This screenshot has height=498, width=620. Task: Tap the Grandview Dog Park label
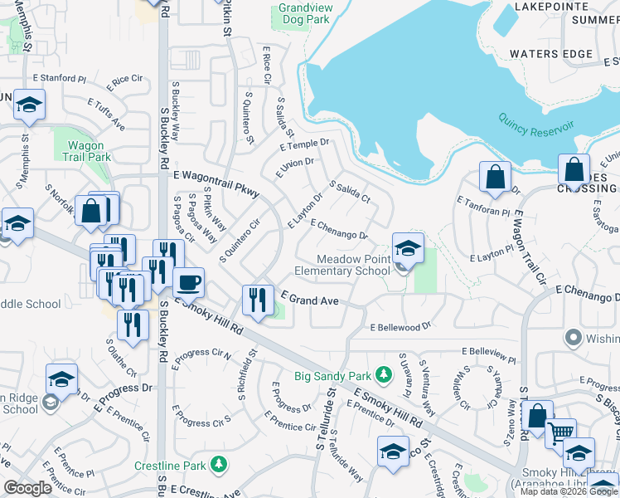tap(304, 12)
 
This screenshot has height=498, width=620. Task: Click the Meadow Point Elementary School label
tap(342, 265)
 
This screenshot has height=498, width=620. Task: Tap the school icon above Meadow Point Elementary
tap(408, 248)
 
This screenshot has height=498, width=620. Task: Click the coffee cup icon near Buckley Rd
tap(189, 282)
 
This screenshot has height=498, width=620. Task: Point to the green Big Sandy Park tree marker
tap(383, 374)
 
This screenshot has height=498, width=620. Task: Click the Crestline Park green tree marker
tap(219, 463)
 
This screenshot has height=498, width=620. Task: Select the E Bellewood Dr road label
tap(401, 327)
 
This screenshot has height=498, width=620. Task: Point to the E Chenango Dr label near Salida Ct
tap(339, 230)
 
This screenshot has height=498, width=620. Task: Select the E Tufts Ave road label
tap(105, 114)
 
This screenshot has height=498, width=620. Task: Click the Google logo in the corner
tap(28, 488)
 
